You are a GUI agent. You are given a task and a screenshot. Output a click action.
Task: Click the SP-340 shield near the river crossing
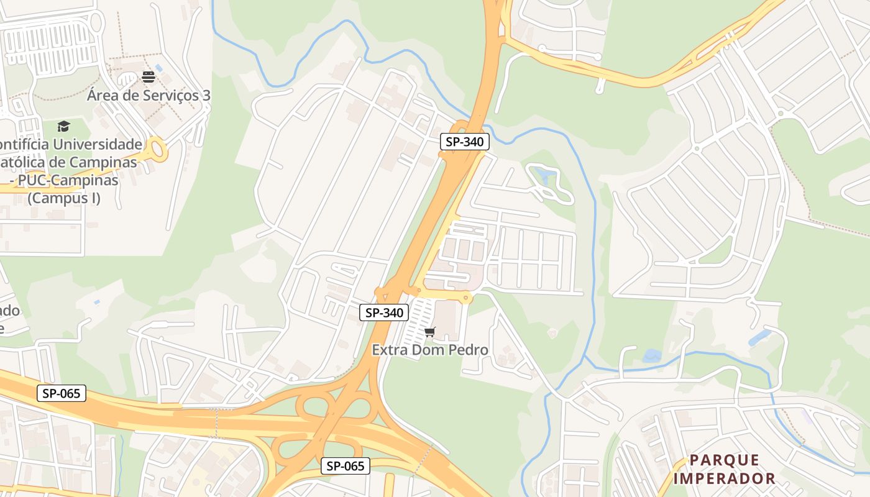click(465, 142)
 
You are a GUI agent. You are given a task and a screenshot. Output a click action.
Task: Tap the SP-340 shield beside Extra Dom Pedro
click(384, 312)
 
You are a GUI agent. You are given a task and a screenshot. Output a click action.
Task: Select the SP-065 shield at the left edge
click(61, 393)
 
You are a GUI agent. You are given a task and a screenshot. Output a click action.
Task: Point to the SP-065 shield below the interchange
click(346, 466)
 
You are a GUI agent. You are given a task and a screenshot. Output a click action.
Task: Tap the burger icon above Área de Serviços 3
click(149, 77)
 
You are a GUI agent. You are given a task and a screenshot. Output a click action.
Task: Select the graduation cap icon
click(63, 127)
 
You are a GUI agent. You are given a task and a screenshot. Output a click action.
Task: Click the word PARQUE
click(725, 460)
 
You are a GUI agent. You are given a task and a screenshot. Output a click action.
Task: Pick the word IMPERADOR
click(725, 478)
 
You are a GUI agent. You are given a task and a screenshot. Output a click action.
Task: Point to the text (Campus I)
click(64, 199)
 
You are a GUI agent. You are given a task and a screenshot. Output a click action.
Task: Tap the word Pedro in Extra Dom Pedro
click(467, 350)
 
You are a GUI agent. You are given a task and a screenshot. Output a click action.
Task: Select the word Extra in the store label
click(390, 350)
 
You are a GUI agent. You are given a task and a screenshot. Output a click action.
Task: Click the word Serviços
click(168, 96)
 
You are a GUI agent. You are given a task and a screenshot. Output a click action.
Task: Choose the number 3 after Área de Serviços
click(206, 96)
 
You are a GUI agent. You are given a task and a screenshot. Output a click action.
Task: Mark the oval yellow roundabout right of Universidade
click(158, 150)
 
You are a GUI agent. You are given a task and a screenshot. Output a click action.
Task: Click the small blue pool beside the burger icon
click(158, 67)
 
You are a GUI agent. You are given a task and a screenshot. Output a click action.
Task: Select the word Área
click(104, 96)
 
